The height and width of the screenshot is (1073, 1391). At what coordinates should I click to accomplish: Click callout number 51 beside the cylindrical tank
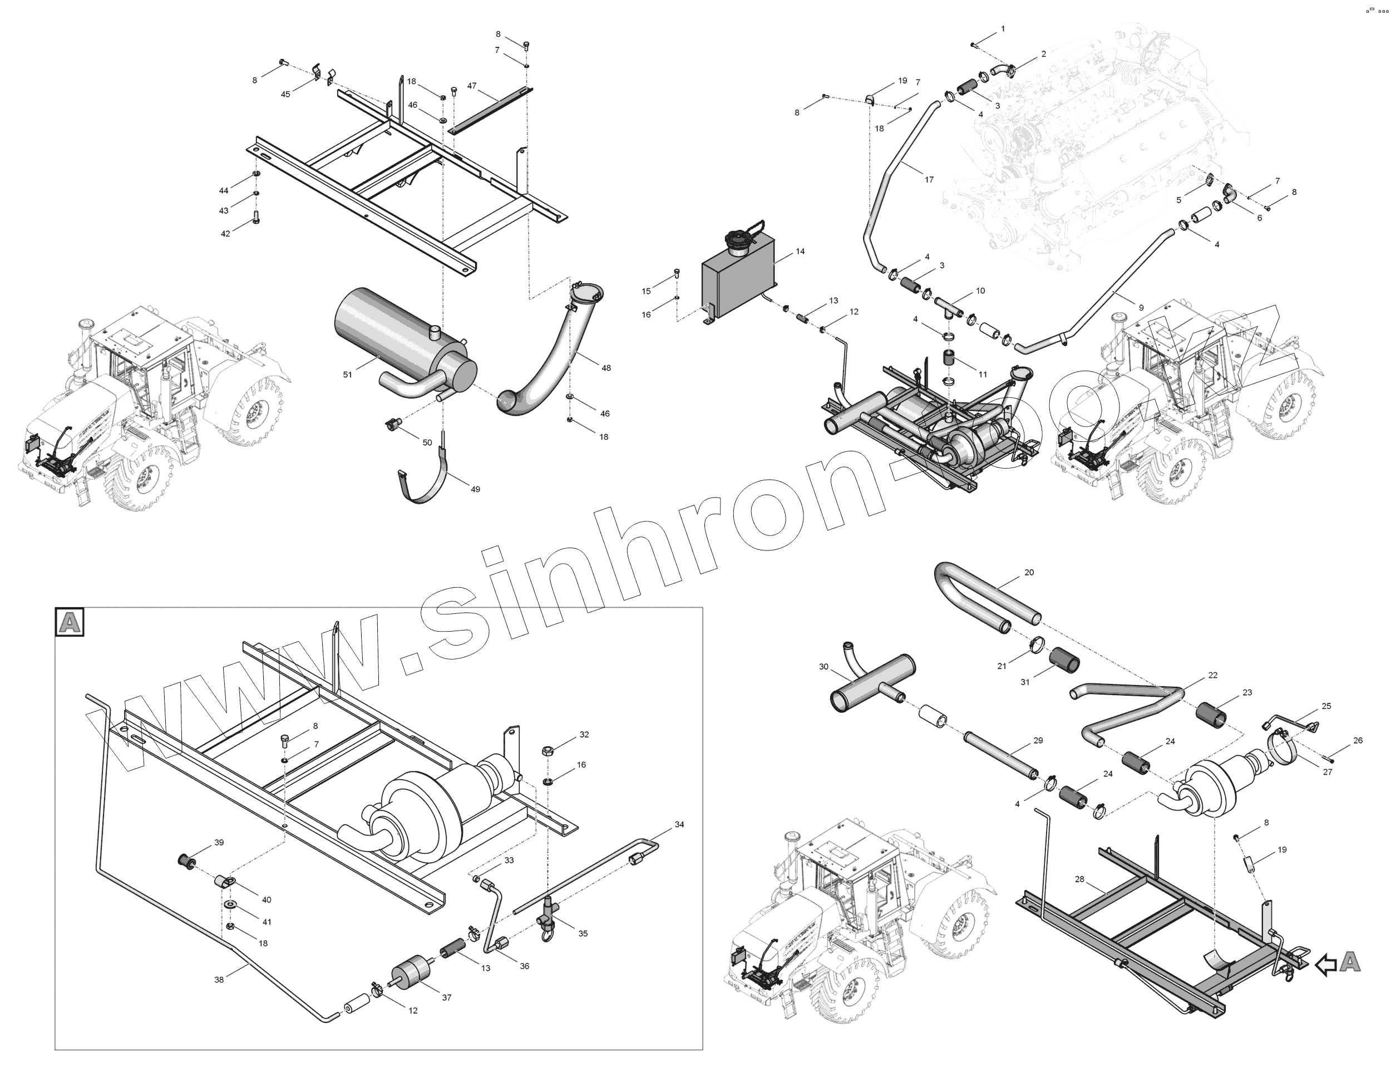coord(347,375)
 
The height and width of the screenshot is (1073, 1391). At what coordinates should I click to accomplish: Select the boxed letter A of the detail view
coord(70,622)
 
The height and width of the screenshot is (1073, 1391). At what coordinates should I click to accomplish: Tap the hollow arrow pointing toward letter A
coord(1325,964)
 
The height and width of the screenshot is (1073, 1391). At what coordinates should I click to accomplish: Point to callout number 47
coord(472,85)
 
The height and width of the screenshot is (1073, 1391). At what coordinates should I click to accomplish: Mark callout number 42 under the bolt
coord(225,234)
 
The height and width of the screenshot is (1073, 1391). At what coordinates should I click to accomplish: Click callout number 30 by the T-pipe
coord(823,667)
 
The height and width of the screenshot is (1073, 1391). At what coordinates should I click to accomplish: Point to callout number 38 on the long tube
coord(219,980)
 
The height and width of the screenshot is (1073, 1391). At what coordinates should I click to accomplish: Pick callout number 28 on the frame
coord(1079,879)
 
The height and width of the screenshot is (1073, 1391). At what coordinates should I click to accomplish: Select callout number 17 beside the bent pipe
coord(929,180)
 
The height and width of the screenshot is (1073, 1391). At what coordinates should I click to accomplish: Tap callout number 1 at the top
coord(1003,29)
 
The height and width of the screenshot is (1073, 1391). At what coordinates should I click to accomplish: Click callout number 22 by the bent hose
coord(1212,676)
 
